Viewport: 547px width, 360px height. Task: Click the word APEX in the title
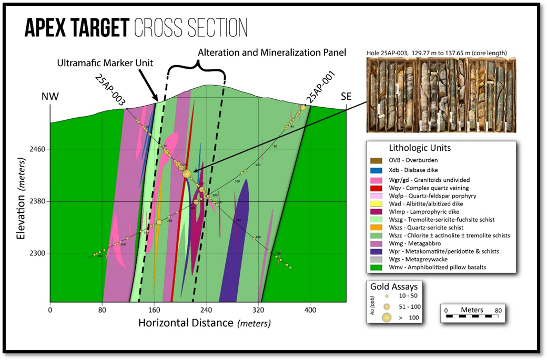47,27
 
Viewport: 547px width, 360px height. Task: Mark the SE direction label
346,97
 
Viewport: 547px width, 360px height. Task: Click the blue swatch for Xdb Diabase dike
378,170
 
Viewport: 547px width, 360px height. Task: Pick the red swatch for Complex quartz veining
378,188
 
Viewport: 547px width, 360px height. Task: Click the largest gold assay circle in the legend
387,317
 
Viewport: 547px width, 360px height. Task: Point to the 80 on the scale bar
498,310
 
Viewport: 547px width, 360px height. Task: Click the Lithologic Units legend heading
419,148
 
